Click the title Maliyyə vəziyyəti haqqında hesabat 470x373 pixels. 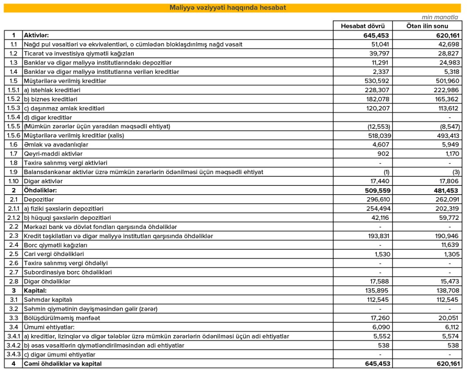(228, 8)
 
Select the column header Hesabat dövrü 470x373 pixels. (362, 26)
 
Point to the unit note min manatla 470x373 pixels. (440, 17)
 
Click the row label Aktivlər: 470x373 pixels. (36, 35)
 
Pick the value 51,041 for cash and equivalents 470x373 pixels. (380, 44)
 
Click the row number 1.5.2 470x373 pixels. (14, 99)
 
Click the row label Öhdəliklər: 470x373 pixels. (41, 190)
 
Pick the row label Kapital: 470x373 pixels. (35, 290)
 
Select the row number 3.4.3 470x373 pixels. (14, 354)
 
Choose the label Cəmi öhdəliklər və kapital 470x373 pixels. (63, 363)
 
